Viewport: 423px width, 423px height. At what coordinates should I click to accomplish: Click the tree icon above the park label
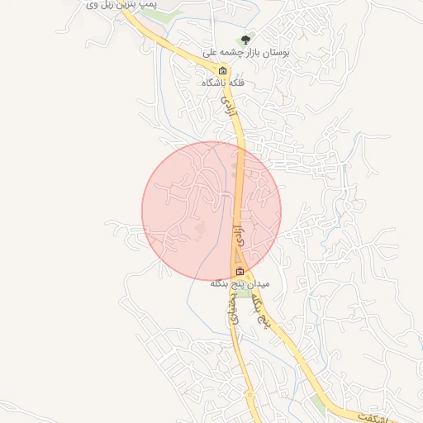click(244, 39)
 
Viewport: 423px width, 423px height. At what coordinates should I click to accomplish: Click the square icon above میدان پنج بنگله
click(240, 272)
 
